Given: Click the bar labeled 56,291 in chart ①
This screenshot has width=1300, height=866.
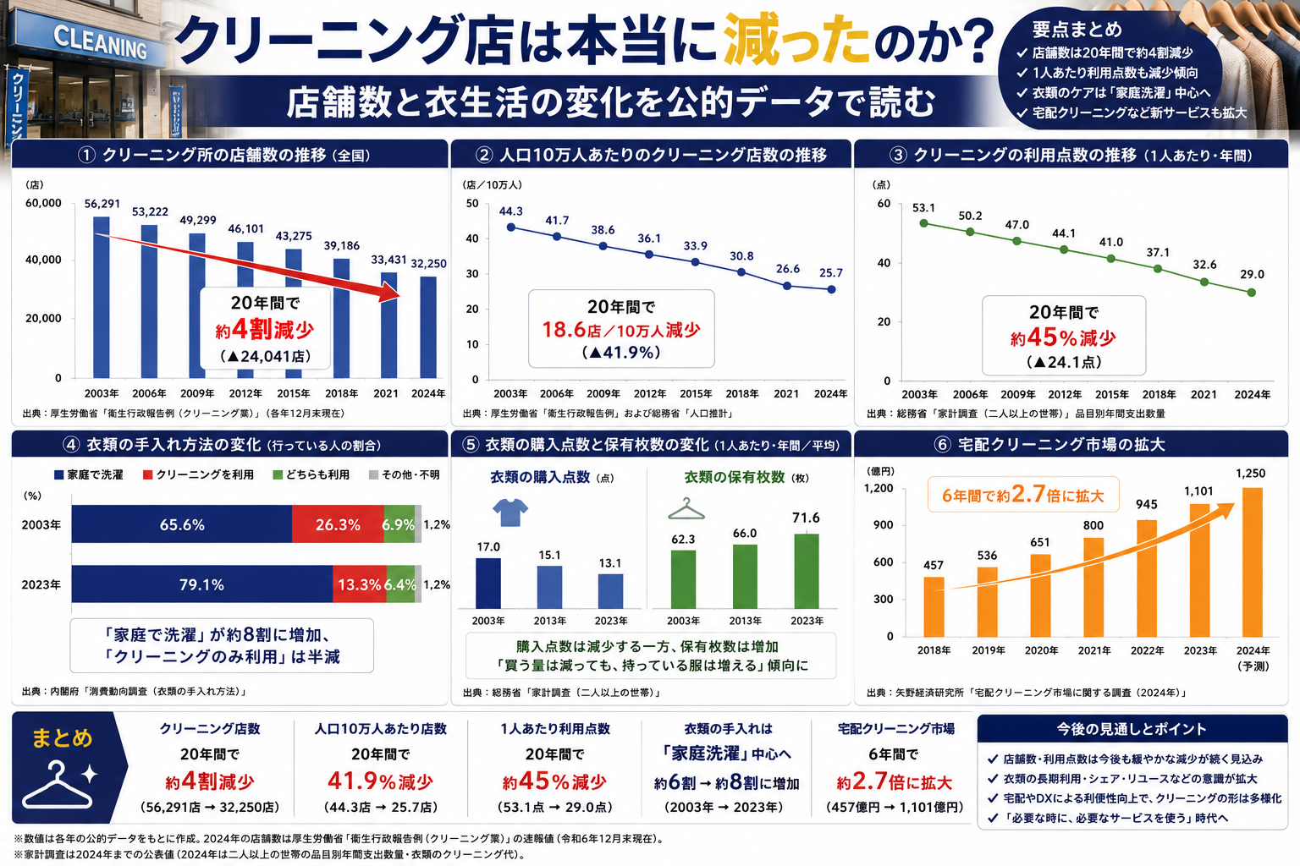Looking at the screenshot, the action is pyautogui.click(x=102, y=298).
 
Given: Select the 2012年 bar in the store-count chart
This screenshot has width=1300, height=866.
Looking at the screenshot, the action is pyautogui.click(x=245, y=310).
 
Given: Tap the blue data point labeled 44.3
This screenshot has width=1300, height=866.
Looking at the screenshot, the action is pyautogui.click(x=510, y=227).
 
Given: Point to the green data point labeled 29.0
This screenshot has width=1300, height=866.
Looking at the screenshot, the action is pyautogui.click(x=1251, y=293).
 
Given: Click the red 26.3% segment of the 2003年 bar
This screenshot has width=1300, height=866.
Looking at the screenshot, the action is pyautogui.click(x=338, y=524).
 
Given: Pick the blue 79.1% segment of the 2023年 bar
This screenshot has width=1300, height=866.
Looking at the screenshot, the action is pyautogui.click(x=202, y=584).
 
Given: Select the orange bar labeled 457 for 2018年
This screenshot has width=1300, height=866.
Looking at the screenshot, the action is pyautogui.click(x=934, y=606).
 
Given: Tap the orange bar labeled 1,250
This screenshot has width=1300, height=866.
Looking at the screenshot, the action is pyautogui.click(x=1252, y=562).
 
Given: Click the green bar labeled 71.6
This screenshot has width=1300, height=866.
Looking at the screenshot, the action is pyautogui.click(x=806, y=572).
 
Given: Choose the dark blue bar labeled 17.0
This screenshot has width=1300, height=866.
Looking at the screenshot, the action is pyautogui.click(x=488, y=584).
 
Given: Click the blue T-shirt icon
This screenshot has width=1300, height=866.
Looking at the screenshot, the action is pyautogui.click(x=510, y=512).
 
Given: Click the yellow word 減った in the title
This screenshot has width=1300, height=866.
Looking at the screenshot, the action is pyautogui.click(x=796, y=40).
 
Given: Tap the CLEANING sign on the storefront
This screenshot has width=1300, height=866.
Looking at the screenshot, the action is pyautogui.click(x=100, y=42).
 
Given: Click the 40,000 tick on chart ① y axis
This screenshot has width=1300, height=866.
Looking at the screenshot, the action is pyautogui.click(x=43, y=260).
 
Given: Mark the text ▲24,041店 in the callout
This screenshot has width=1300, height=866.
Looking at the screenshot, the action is pyautogui.click(x=265, y=356).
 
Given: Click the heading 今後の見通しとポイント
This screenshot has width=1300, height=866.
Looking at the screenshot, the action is pyautogui.click(x=1131, y=729).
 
